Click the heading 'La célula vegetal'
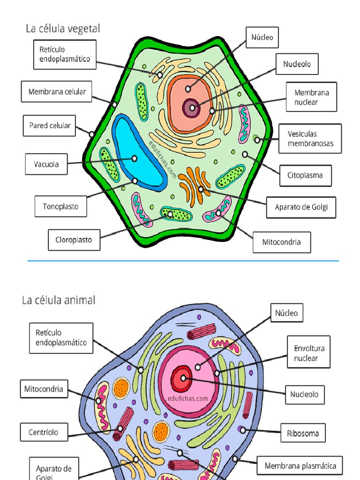(63, 29)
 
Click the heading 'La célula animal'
(59, 300)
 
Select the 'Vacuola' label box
(46, 165)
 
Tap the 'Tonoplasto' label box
(61, 206)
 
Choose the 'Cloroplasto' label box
(74, 240)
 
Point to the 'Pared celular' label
(50, 126)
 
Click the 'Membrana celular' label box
(57, 92)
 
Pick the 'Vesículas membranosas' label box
(310, 138)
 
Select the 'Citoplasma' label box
(305, 175)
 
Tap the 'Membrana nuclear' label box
(311, 97)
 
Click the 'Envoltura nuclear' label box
(308, 353)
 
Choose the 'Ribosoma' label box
(303, 433)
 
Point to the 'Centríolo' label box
(44, 432)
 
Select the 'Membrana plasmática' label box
(300, 466)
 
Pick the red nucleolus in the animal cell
(181, 379)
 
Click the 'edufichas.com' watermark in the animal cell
(187, 399)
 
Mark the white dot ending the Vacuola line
(135, 158)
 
